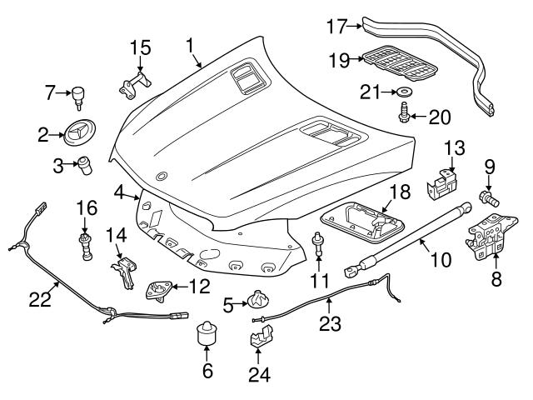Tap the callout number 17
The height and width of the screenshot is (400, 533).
[x=337, y=26]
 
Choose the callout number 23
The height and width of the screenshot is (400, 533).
[x=331, y=322]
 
